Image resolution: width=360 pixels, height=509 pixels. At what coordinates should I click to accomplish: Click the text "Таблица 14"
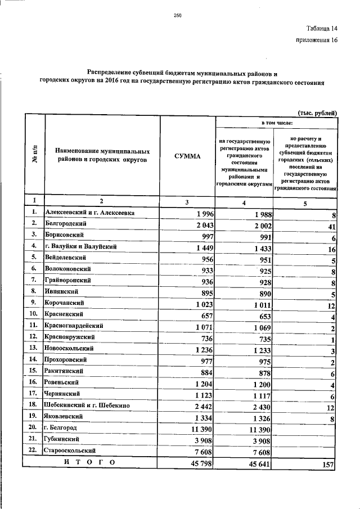click(322, 28)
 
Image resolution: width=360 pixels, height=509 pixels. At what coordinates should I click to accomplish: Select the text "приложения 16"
click(316, 40)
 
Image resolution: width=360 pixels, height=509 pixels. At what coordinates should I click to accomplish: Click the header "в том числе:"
click(276, 122)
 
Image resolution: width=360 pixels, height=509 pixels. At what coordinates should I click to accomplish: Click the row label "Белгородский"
click(65, 223)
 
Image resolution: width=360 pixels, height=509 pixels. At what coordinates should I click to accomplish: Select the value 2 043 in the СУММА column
click(201, 224)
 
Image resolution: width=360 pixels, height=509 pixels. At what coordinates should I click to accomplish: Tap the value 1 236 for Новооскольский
click(201, 349)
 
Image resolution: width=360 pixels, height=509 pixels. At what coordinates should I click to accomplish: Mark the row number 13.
click(34, 348)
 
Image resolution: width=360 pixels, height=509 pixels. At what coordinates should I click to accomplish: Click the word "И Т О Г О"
click(89, 462)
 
